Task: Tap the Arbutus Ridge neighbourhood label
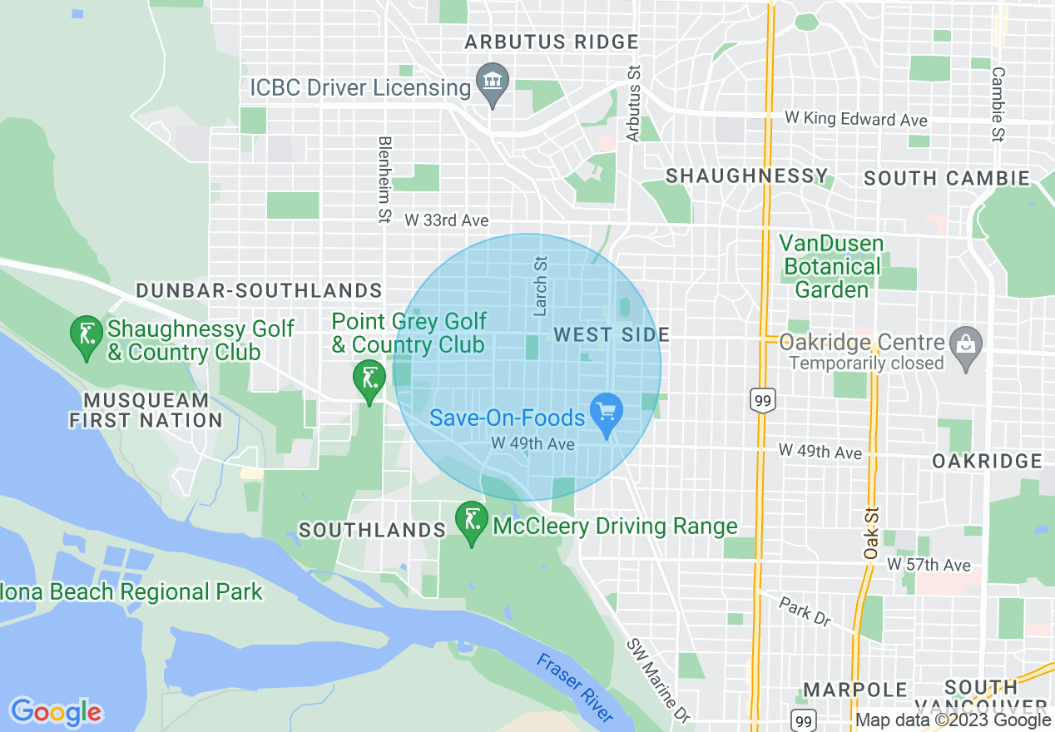point(552,42)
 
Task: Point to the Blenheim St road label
point(384,180)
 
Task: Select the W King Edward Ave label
point(855,119)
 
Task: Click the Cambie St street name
point(998,104)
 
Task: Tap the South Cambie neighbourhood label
point(947,178)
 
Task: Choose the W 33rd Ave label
point(447,220)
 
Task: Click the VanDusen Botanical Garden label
point(831,267)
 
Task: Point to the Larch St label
point(541,286)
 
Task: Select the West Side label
point(612,334)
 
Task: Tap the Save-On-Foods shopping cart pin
point(606,412)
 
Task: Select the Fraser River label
point(576,687)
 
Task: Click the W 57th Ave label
point(929,565)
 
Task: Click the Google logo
point(56,712)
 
